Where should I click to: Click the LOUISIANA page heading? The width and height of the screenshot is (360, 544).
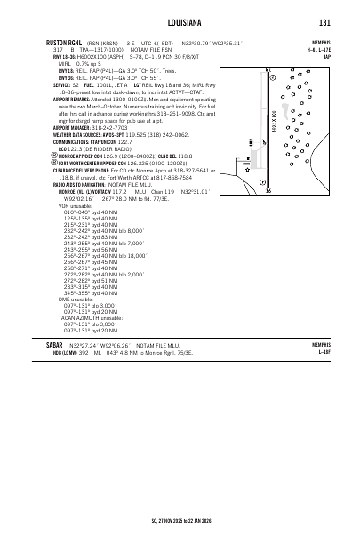click(x=180, y=22)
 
